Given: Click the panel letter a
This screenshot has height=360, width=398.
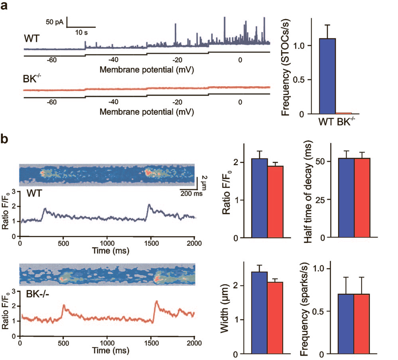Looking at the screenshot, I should (x=6, y=7).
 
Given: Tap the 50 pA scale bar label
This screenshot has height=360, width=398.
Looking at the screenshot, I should (x=54, y=22).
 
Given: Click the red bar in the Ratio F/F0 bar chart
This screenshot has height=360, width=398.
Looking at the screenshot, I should (x=275, y=202).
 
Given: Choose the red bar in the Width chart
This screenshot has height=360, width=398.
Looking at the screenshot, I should (x=275, y=318).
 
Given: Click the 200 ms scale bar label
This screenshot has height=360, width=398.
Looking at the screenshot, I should (x=191, y=194).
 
